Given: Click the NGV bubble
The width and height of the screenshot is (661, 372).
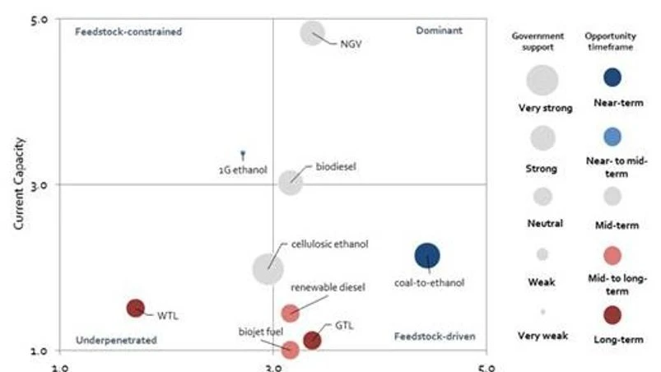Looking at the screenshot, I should point(313,33).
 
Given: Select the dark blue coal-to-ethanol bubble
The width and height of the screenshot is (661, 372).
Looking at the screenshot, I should point(427,257).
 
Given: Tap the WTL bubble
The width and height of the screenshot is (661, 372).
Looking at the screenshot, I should point(136,308).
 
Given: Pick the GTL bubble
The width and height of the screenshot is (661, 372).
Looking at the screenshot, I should point(312,340).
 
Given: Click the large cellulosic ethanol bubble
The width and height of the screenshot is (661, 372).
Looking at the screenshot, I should point(268,268).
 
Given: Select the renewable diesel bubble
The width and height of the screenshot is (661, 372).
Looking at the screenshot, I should point(290,313).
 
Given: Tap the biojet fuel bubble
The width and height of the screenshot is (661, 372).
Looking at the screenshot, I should point(290,350).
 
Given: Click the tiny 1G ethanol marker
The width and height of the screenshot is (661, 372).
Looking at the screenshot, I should point(243,153).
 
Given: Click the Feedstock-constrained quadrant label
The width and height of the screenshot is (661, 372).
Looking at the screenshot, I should point(128,31).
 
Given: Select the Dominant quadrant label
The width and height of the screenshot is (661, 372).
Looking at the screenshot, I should point(439,30).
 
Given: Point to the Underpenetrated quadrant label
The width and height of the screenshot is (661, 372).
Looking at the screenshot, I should point(116,339).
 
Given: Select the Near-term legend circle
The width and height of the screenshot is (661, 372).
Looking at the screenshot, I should point(612,77).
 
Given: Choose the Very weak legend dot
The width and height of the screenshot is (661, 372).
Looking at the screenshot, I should point(543,312).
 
